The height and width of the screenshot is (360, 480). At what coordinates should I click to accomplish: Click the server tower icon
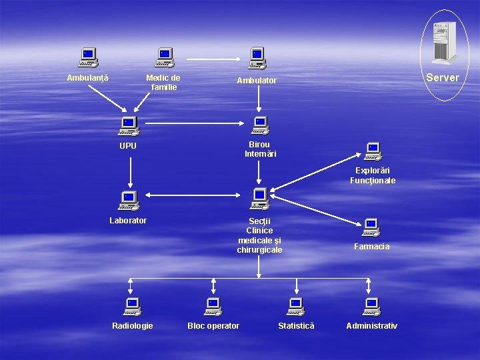445,43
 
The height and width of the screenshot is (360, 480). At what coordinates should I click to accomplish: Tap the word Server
443,77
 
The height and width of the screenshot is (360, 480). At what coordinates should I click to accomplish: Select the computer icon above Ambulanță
88,58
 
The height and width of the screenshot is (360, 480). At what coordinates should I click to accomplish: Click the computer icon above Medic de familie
164,58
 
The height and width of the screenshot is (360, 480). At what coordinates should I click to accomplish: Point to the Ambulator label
257,81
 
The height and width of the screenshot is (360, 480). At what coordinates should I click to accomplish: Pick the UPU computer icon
127,126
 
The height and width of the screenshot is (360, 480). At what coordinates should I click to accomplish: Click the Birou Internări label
261,149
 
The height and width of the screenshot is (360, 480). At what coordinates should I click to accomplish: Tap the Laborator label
128,220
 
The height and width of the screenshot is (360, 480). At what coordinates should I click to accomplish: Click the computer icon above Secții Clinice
259,198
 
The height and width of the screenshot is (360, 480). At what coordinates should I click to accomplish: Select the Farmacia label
372,247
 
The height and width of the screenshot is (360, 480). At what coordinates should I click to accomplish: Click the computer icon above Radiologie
132,307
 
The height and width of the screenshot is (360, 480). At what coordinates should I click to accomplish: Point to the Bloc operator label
213,326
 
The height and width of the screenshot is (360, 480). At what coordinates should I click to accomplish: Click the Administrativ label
371,326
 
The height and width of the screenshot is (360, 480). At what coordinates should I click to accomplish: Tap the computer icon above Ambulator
257,58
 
